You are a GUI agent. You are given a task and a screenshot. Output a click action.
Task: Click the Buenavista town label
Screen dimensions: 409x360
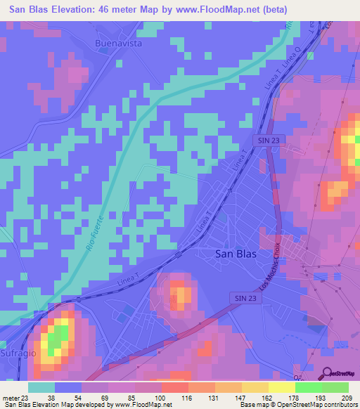[x=118, y=43]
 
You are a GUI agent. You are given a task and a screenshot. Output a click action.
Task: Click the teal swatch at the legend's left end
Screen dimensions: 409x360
[x=41, y=387]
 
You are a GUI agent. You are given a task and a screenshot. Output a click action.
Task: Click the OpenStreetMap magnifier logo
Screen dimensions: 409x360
[x=327, y=374]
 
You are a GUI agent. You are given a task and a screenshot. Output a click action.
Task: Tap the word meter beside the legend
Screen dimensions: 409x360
[x=12, y=397]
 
